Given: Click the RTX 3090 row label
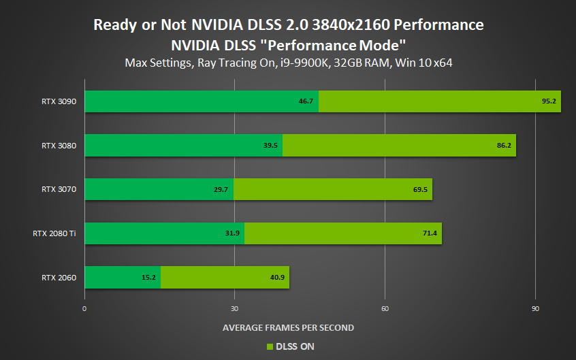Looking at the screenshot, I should point(59,101).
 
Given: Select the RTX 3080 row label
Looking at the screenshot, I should point(59,145).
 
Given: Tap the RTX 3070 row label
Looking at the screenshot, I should point(59,189).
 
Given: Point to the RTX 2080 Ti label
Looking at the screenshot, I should point(54,233).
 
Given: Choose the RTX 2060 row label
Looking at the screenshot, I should point(59,277).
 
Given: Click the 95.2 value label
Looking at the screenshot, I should point(547,101).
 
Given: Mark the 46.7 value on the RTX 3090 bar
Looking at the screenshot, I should point(306,101).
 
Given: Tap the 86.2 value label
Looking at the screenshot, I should point(502,145).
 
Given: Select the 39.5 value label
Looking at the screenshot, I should point(270,145).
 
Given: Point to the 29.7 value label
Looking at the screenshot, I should point(221,189).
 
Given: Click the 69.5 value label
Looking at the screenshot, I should point(419,189).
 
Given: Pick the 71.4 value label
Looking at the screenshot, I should point(429,233).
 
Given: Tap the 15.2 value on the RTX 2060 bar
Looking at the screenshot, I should point(148,277).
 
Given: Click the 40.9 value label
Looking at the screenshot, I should point(277,277).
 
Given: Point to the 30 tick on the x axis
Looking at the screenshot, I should point(234,308).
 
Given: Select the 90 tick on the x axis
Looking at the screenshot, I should point(535,308).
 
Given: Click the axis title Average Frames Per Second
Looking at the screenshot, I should point(288,327).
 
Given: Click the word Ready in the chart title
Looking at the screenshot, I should point(114,25).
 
